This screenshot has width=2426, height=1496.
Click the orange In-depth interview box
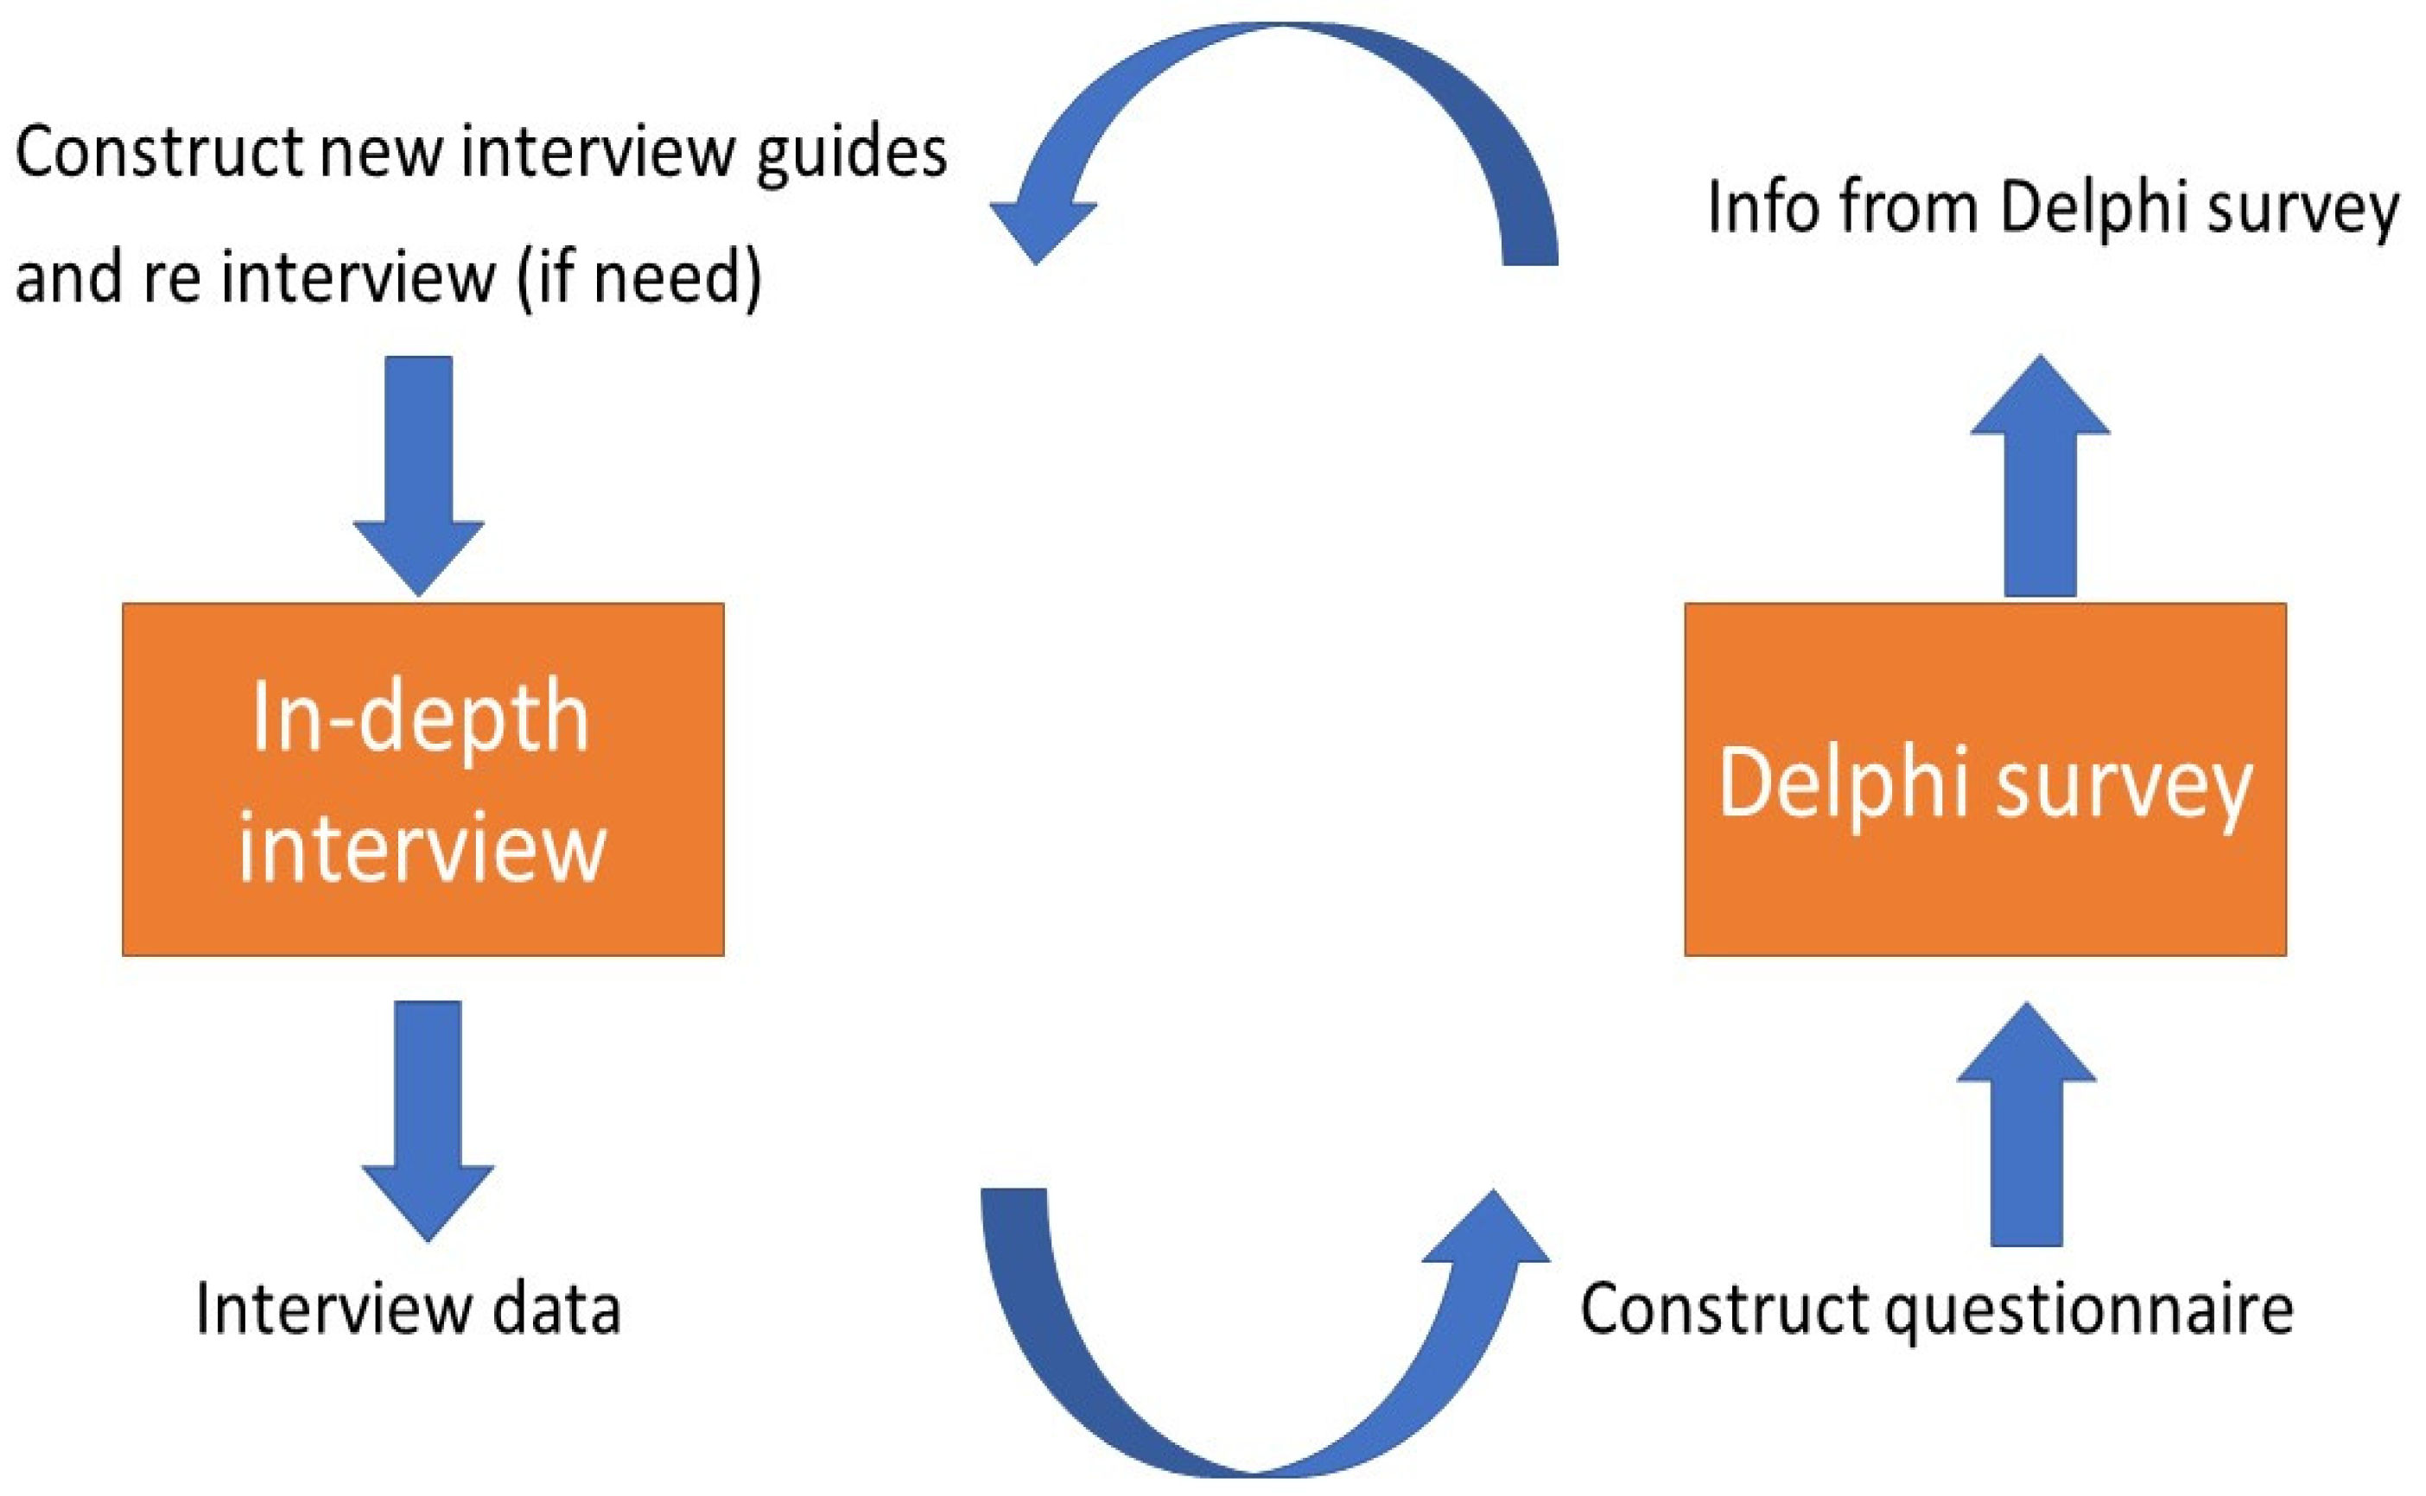422,910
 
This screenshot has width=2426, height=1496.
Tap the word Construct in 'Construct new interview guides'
158,154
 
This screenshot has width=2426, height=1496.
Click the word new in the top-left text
380,154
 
